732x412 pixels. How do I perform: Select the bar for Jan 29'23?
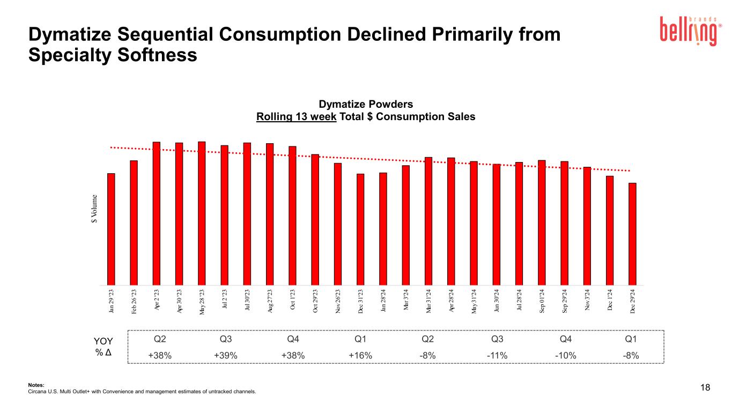point(111,229)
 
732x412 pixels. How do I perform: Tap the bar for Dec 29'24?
point(633,234)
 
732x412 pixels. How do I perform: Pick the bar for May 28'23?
point(202,213)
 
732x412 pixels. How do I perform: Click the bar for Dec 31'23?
point(360,229)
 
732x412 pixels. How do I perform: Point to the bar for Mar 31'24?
point(428,221)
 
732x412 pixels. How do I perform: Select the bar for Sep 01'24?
point(542,223)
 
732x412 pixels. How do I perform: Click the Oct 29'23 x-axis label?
point(315,303)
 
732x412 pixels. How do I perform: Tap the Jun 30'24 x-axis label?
point(497,303)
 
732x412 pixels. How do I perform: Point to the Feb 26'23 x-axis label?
point(134,304)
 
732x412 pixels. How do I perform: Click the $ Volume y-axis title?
point(94,209)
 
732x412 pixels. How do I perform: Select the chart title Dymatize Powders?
point(366,104)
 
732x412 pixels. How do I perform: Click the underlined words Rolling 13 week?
point(297,116)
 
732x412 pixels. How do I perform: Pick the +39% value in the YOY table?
point(226,356)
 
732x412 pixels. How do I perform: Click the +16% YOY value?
point(360,356)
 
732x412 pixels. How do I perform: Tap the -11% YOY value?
point(497,356)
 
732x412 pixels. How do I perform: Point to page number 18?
point(705,388)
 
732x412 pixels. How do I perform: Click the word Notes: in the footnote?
point(35,385)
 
